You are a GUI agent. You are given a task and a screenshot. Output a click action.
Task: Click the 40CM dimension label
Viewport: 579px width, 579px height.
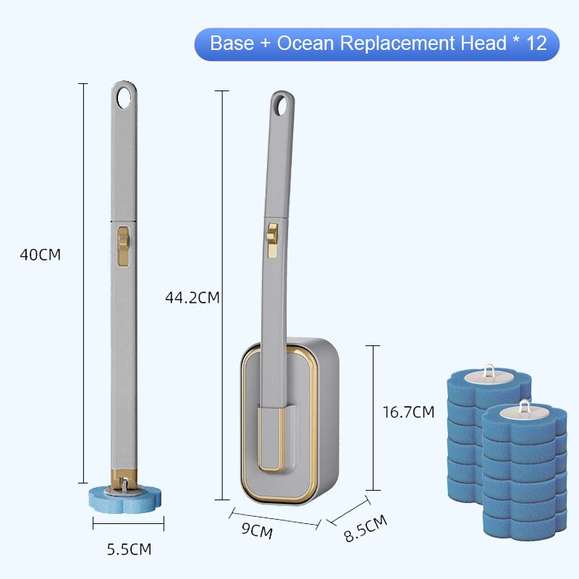(x=41, y=255)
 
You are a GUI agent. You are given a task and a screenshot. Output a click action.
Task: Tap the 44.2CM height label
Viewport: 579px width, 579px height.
(x=192, y=297)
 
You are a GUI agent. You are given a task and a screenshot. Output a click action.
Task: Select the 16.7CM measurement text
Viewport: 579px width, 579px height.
(x=408, y=412)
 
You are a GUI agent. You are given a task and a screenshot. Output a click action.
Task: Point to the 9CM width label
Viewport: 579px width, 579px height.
(x=258, y=531)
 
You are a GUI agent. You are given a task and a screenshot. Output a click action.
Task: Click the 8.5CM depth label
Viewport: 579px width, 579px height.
(x=365, y=528)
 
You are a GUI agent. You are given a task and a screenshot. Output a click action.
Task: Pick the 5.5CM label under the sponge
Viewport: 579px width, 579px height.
(x=130, y=549)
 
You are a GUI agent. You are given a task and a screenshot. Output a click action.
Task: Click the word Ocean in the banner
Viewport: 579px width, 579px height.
(x=305, y=43)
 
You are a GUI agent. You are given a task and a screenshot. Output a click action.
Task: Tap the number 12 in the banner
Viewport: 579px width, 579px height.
(x=536, y=43)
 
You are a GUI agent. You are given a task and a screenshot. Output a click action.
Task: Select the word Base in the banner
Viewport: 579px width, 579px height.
(x=232, y=43)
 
